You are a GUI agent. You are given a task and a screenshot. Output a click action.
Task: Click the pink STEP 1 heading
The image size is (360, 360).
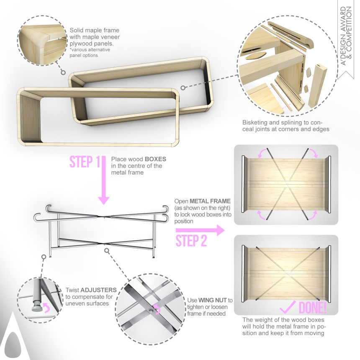[x=85, y=162]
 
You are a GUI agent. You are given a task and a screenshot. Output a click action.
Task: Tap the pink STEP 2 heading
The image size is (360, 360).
[x=191, y=241]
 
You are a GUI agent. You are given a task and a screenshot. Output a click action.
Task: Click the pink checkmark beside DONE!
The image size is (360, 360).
[x=288, y=307]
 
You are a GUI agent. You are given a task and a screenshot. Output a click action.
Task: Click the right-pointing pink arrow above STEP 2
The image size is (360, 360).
[x=200, y=230]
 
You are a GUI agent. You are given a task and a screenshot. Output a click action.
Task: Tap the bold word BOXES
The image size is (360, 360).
[x=155, y=159]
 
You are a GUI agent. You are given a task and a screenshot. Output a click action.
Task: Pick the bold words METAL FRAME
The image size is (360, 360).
[x=210, y=201]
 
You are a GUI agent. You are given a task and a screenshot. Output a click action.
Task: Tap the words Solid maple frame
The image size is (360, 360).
[x=94, y=30]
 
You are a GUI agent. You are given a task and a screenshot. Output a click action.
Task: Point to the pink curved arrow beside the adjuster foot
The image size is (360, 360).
[x=47, y=307]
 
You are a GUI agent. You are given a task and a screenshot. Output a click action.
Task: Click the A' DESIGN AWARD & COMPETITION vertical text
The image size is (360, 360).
[x=346, y=36]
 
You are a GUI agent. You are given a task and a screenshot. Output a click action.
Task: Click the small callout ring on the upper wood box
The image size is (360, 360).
[x=183, y=88]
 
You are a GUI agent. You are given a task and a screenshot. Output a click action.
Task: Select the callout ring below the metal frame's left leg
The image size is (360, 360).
[x=44, y=257]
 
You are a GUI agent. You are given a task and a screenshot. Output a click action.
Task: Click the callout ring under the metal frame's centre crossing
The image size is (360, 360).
[x=106, y=250]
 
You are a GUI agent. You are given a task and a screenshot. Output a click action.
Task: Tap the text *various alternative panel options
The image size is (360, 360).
[x=90, y=53]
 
